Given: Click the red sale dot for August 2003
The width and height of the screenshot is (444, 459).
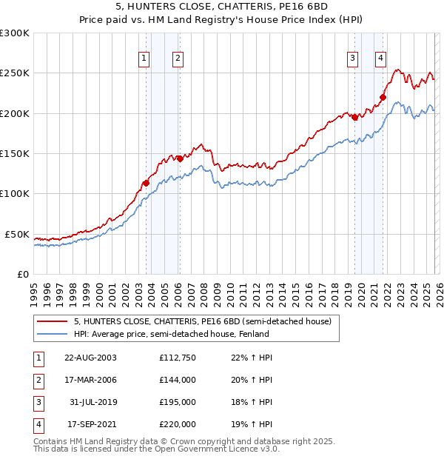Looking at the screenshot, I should tap(146, 183).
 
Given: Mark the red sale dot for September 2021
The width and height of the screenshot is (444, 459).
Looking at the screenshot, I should tap(383, 97).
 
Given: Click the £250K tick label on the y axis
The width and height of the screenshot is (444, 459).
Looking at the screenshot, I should tap(15, 73).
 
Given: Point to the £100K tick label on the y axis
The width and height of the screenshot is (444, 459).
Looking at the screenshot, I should tap(15, 194).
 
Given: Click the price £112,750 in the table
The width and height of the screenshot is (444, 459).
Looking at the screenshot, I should tap(178, 358).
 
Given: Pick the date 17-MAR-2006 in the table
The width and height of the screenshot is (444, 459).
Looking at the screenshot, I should tap(90, 380).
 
